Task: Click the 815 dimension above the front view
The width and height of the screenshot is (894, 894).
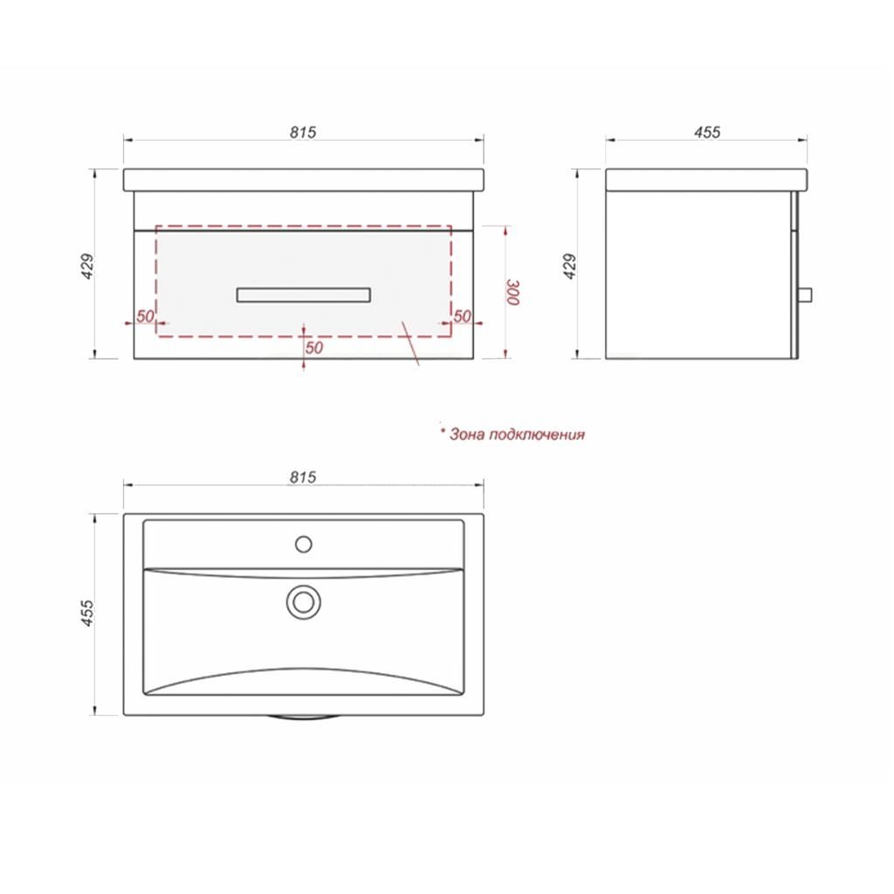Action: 303,133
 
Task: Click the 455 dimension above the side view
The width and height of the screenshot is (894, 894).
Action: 707,133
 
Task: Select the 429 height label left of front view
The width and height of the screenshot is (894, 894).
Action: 88,265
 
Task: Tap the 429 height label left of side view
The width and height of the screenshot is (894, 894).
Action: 569,265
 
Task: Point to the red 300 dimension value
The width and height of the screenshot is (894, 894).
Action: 513,292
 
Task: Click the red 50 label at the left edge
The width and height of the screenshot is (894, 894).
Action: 146,316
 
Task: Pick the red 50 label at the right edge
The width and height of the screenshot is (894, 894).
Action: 463,316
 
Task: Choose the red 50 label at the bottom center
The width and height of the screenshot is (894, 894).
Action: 314,347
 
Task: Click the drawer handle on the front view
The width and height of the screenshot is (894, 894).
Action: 303,295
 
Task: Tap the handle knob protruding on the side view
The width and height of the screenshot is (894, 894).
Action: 805,295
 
